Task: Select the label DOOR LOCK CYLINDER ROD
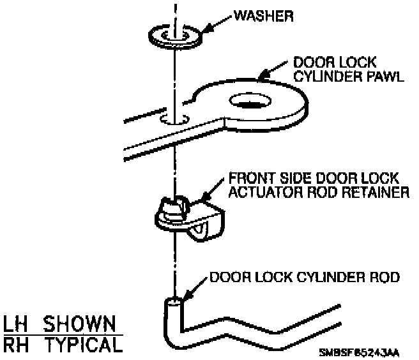304,278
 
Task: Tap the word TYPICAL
83,345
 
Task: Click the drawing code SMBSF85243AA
359,350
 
